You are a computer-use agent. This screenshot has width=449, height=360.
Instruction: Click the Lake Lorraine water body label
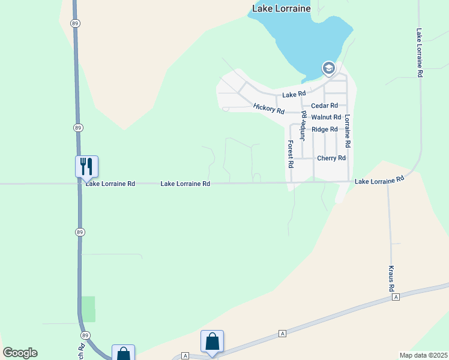point(281,8)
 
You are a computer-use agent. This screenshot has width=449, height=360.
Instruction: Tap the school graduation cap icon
point(328,69)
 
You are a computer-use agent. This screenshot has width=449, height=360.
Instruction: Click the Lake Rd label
point(294,94)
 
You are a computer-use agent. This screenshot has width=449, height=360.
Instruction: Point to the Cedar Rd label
point(324,106)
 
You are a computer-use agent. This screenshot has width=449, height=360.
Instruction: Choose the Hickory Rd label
point(268,109)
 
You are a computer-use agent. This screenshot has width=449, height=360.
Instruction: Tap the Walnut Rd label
point(326,118)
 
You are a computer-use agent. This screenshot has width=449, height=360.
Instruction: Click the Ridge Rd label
point(324,130)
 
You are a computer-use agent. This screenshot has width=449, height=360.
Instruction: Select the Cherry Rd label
point(331,158)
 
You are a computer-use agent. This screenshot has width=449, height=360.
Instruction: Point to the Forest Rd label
point(291,154)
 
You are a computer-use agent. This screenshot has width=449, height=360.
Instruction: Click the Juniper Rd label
point(304,125)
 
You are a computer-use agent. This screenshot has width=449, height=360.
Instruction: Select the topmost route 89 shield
point(74,23)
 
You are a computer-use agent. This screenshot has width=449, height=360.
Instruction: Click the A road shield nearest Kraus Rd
point(396,297)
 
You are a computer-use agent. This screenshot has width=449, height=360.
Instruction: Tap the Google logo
point(20,353)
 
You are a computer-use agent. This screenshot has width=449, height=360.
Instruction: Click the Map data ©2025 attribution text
point(423,355)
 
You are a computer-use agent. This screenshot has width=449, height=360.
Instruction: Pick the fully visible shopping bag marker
point(212,342)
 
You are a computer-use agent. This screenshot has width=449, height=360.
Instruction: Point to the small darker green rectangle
point(88,308)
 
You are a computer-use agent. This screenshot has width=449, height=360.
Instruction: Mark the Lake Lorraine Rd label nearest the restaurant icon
point(110,184)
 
